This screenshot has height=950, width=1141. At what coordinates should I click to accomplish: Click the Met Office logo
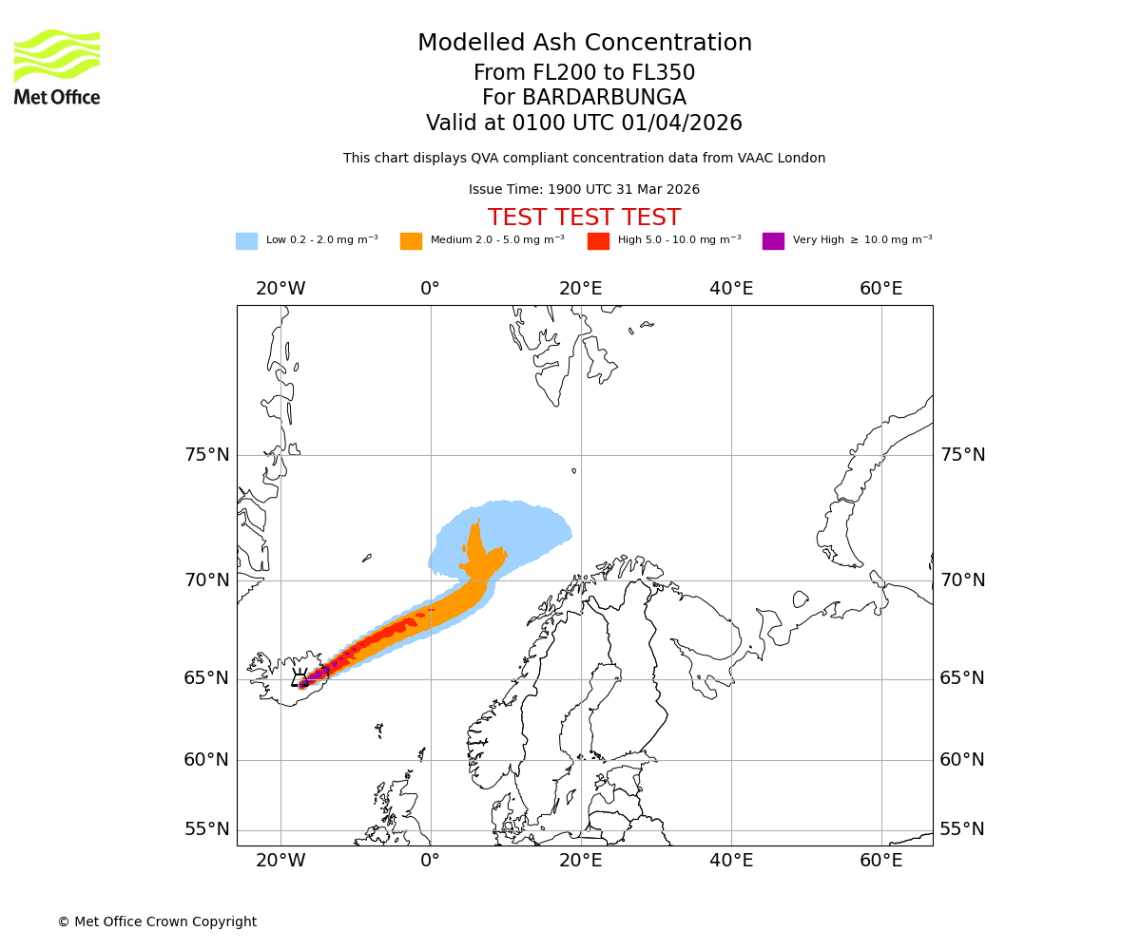tap(57, 66)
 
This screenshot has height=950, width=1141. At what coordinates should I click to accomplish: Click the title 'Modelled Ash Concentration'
tap(584, 44)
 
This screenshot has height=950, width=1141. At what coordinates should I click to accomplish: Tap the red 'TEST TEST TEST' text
tap(584, 218)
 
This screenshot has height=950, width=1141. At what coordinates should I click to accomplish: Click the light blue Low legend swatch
tap(246, 241)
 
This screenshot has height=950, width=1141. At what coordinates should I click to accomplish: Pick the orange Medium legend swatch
tap(411, 241)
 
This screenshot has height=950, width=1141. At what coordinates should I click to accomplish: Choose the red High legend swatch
tap(598, 241)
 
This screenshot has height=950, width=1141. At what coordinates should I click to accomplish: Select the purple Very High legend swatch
tap(773, 241)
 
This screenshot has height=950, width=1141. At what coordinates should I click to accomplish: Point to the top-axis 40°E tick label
tap(731, 289)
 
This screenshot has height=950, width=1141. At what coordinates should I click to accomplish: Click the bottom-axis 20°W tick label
tap(280, 861)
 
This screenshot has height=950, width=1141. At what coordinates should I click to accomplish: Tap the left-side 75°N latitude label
tap(207, 455)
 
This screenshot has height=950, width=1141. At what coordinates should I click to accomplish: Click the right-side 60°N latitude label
tap(962, 760)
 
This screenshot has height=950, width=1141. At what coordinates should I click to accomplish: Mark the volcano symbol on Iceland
tap(300, 678)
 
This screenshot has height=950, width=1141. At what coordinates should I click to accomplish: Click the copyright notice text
tap(157, 922)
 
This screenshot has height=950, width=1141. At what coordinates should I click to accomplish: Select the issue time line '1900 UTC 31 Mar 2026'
tap(584, 190)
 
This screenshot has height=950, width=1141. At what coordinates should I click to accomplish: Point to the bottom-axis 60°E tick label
tap(881, 861)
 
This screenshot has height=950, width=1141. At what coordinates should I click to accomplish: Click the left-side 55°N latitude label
tap(207, 829)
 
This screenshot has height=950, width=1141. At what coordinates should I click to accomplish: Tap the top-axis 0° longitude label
tap(431, 289)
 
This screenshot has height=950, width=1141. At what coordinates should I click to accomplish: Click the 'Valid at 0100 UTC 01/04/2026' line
tap(584, 123)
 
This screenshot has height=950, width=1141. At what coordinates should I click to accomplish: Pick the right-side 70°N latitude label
tap(962, 580)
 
